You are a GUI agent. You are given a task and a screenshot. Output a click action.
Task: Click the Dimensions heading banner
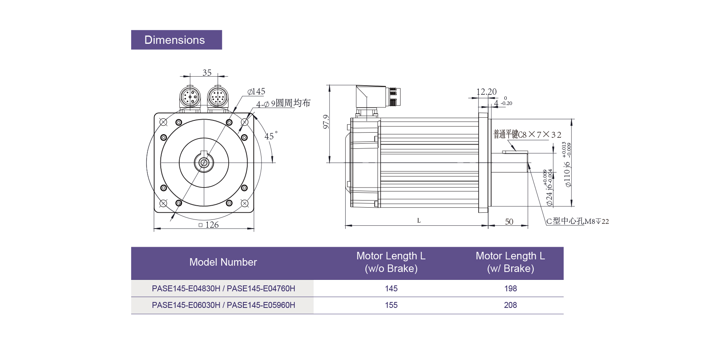point(176,40)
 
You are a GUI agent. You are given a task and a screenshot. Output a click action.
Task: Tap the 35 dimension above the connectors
point(207,73)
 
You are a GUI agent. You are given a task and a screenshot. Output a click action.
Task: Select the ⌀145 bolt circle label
point(256,92)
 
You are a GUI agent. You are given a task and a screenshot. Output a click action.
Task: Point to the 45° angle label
point(271,136)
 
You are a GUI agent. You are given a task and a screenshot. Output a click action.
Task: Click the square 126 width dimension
point(209,225)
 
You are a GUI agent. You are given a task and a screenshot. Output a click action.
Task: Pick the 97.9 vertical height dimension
point(326,122)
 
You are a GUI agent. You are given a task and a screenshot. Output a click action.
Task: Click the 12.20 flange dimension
point(486,92)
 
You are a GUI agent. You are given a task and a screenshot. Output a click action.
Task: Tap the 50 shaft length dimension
point(509,222)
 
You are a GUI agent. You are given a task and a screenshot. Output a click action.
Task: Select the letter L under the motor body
point(419,221)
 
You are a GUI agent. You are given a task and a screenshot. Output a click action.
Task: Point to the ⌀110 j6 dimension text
point(567,174)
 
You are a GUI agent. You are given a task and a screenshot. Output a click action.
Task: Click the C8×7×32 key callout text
point(527,135)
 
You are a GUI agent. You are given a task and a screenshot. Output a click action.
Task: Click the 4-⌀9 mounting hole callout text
point(283,103)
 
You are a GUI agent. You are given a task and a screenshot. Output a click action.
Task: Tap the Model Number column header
point(223,262)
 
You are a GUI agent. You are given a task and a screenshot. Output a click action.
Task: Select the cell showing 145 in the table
point(391,289)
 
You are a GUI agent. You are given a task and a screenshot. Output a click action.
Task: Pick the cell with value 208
point(510,305)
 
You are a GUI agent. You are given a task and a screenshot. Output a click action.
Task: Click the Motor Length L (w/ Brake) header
point(510,262)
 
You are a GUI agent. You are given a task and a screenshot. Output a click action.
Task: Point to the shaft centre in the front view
point(204,162)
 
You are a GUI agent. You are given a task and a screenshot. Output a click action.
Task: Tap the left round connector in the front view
point(190,97)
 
